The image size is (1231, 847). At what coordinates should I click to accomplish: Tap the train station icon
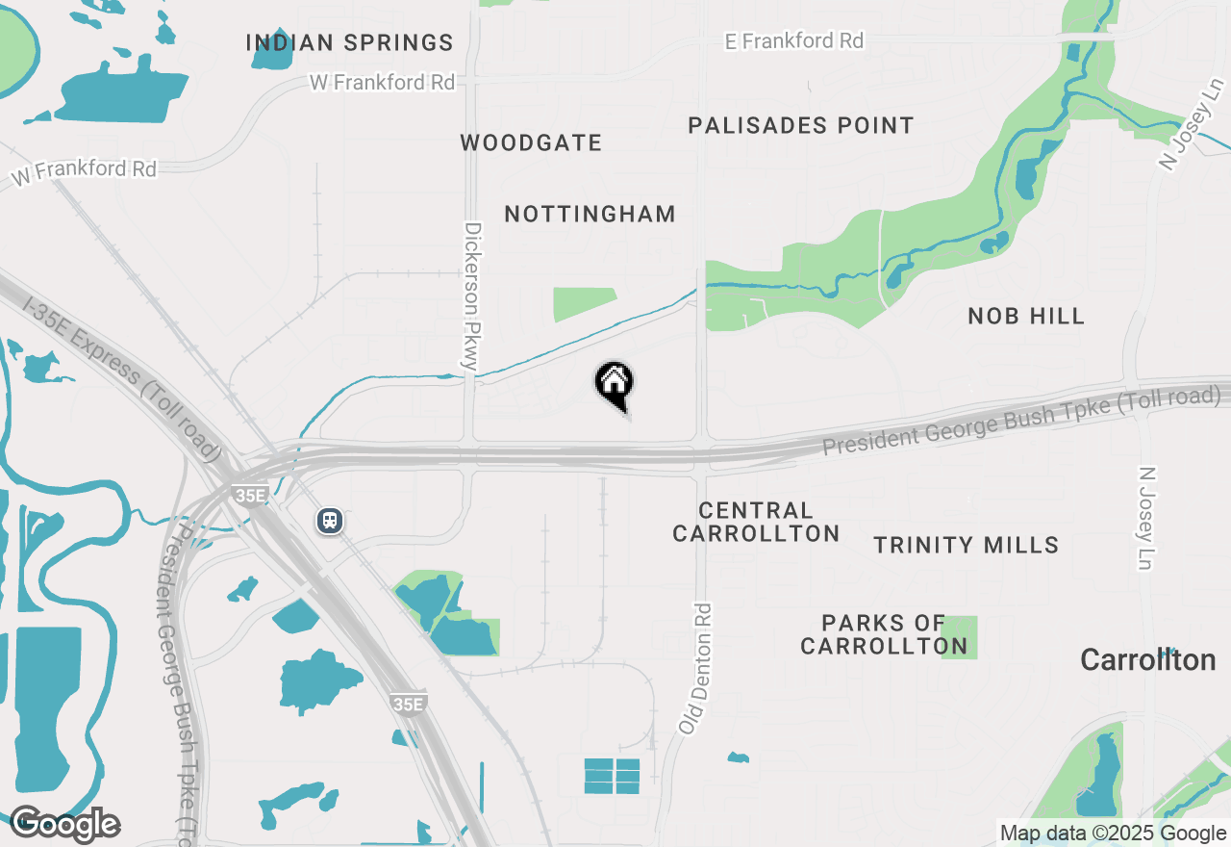click(330, 521)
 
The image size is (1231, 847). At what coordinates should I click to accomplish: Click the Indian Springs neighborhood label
click(349, 42)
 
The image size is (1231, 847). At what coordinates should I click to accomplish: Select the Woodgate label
click(531, 143)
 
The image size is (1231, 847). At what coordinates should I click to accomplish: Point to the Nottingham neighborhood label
click(590, 214)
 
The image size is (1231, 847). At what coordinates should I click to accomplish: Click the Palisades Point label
click(801, 125)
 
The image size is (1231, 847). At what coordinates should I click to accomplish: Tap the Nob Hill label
click(1026, 316)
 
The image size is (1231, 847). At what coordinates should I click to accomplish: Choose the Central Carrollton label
click(756, 522)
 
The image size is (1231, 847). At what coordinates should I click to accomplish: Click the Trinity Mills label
click(966, 545)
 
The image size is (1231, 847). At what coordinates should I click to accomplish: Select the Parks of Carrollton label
click(883, 634)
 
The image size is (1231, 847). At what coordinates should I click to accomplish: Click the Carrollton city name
click(1147, 660)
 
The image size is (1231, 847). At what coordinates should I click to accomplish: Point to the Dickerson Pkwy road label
click(471, 296)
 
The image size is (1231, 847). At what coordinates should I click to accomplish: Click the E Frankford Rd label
click(793, 40)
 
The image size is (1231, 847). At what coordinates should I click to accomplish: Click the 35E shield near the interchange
click(249, 495)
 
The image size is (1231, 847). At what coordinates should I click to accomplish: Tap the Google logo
click(64, 824)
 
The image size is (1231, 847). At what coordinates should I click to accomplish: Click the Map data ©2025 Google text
click(1112, 834)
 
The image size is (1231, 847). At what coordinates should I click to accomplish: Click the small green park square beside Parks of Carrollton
click(959, 637)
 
